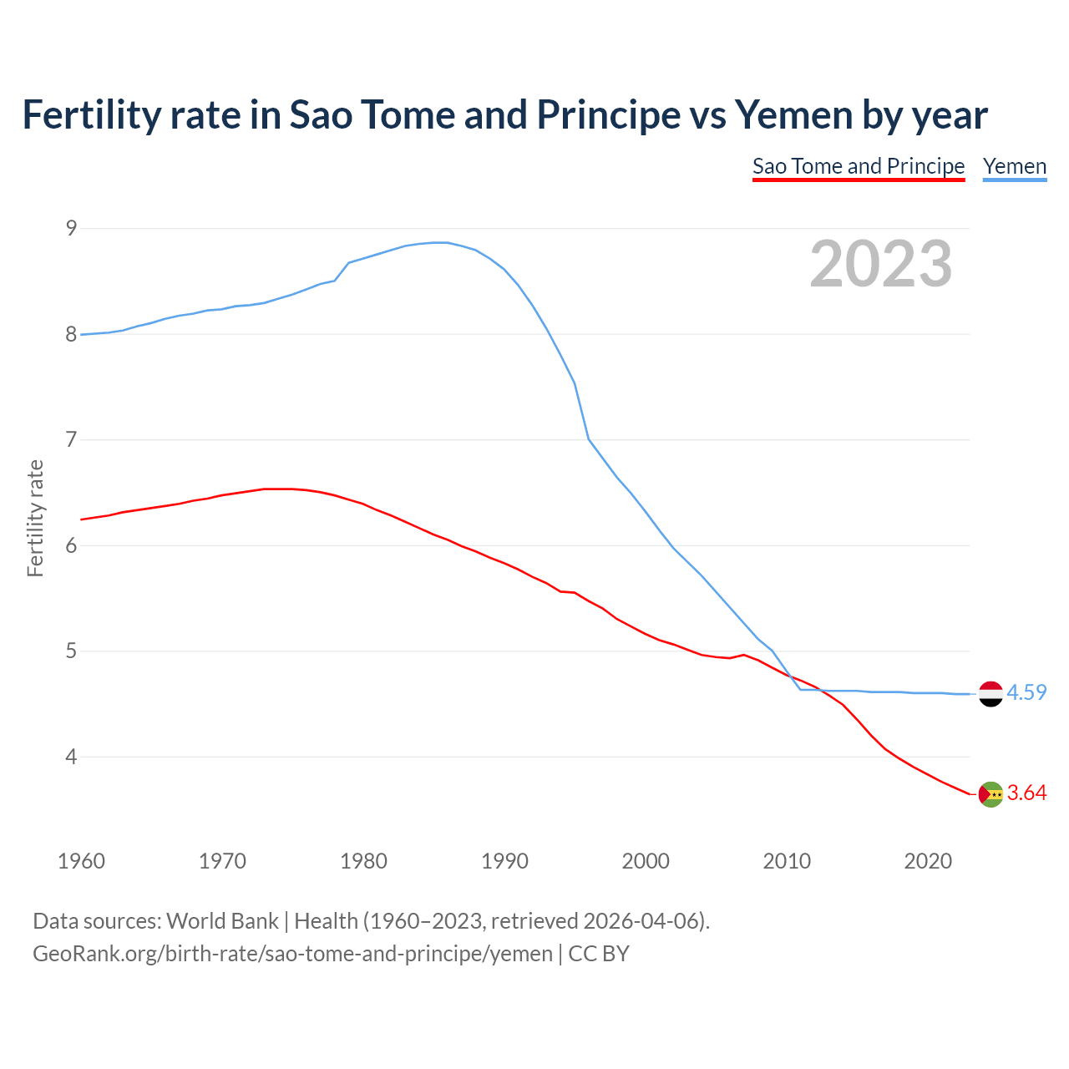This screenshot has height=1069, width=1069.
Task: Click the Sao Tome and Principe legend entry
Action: [x=858, y=166]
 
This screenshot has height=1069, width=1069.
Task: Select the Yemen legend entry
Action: [x=1015, y=166]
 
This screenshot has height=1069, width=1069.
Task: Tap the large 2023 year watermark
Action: [x=881, y=264]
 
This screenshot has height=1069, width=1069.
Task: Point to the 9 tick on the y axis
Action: [x=71, y=228]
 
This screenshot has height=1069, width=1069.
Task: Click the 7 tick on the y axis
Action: [x=71, y=439]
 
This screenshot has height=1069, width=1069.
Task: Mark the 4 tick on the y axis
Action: [x=71, y=757]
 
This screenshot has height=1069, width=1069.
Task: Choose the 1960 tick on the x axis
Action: [x=81, y=861]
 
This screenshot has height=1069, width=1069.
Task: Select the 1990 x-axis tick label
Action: [x=504, y=861]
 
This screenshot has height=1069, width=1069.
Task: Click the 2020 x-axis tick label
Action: [x=928, y=861]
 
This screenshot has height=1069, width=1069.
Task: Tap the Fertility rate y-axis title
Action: [x=35, y=518]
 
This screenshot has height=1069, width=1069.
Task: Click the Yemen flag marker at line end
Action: [x=990, y=693]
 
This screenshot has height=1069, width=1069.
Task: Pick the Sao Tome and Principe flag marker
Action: [x=990, y=794]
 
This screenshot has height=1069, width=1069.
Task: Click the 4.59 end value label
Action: [x=1026, y=693]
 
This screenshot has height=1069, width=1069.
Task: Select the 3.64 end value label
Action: [x=1026, y=793]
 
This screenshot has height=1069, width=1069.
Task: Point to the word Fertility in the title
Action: [x=90, y=114]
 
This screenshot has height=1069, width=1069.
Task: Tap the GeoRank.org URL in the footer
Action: [x=292, y=954]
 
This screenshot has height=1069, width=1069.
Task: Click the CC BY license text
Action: [x=599, y=954]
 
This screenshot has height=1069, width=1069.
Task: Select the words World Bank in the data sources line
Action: [x=222, y=921]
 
